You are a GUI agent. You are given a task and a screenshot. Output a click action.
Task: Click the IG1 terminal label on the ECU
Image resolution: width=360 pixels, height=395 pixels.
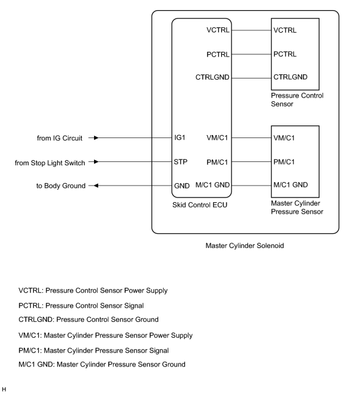tap(180, 137)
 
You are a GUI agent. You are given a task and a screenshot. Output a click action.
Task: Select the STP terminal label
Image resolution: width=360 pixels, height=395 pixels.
tap(181, 162)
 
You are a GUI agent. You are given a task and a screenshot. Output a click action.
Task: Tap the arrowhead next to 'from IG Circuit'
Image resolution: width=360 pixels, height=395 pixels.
tap(96, 137)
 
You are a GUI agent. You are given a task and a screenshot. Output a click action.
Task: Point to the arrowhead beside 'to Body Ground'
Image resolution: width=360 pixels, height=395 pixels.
tap(96, 186)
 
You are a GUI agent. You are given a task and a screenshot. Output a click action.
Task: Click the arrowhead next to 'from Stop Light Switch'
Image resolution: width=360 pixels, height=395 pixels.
tap(96, 161)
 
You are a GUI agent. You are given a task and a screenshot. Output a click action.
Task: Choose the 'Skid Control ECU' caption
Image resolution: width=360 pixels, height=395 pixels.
tap(200, 205)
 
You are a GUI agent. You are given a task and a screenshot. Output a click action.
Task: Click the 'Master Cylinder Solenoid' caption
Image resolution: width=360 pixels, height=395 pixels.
tap(245, 246)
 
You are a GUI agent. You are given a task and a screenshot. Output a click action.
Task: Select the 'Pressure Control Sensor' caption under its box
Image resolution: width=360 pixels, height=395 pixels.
tap(297, 100)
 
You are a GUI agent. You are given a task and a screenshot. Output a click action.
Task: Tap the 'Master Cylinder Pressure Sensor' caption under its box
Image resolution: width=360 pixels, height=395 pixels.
tap(297, 208)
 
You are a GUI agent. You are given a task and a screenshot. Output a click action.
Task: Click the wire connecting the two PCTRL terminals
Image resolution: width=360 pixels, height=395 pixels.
tap(252, 54)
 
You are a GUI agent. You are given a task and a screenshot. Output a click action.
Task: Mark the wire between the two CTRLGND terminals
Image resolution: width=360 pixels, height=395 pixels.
tap(252, 78)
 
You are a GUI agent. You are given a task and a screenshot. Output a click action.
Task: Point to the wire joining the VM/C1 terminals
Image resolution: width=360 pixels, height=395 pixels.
tap(252, 138)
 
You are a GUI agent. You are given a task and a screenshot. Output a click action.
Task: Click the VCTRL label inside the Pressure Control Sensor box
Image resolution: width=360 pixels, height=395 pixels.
tap(285, 30)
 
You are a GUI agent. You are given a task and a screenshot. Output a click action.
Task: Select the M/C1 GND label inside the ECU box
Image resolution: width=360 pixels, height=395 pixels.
tap(212, 185)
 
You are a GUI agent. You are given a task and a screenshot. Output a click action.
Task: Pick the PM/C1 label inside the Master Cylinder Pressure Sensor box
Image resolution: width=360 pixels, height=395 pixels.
tap(284, 162)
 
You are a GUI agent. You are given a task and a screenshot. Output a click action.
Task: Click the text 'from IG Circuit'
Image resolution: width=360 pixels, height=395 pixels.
tap(60, 138)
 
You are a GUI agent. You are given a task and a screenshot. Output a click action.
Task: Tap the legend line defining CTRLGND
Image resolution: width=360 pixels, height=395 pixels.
tap(89, 319)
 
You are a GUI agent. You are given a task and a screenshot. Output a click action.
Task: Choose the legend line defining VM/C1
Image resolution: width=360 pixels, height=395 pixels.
tap(105, 336)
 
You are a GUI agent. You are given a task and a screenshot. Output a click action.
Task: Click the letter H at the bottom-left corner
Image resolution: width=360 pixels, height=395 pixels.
tap(4, 390)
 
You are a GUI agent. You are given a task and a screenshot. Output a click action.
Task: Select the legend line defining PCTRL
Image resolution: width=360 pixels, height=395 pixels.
tap(81, 306)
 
